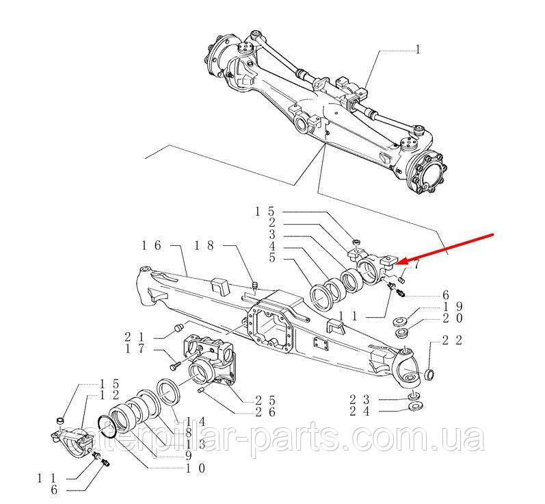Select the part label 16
151,244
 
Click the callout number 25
266,399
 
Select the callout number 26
266,412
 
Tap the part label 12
110,395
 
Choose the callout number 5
271,258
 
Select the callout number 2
271,223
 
